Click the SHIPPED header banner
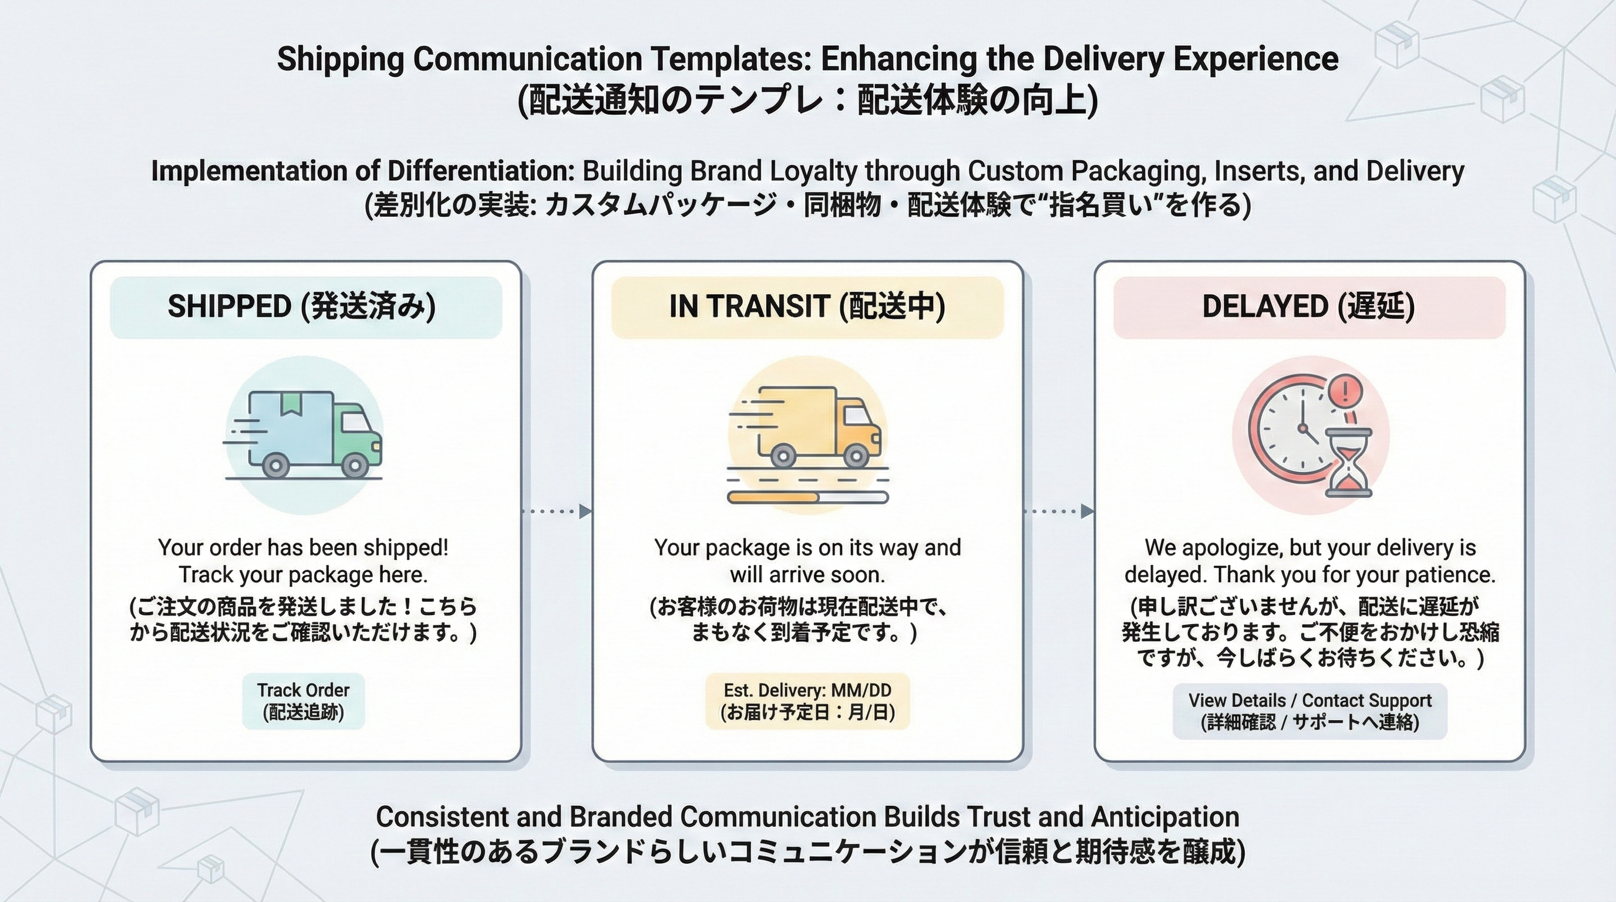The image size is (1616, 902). (x=305, y=307)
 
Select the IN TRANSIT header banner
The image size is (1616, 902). (x=807, y=307)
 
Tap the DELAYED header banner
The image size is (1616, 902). (x=1309, y=307)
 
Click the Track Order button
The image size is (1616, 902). (x=303, y=701)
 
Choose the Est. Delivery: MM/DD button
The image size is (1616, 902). (x=807, y=701)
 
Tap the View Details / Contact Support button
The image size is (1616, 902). (x=1310, y=711)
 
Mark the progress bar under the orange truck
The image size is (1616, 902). (x=807, y=497)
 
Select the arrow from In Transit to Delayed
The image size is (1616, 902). (x=1059, y=512)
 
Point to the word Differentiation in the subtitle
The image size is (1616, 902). (x=477, y=171)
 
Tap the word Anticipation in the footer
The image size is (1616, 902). (x=1165, y=817)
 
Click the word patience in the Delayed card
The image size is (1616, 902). (x=1449, y=574)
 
